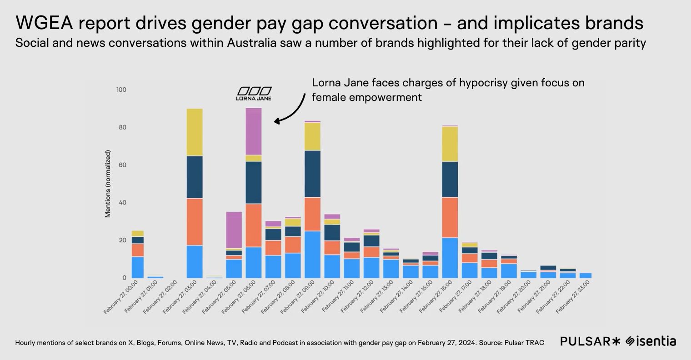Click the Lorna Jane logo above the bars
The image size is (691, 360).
click(254, 93)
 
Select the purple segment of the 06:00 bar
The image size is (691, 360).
click(254, 131)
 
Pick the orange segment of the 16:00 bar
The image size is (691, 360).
click(450, 217)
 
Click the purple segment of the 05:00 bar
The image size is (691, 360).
click(234, 230)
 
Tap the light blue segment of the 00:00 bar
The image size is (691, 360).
click(137, 267)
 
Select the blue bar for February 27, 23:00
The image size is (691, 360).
click(586, 275)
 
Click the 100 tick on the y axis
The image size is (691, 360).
click(121, 90)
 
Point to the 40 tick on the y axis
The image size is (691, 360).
click(122, 203)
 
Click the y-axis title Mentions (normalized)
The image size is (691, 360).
click(108, 184)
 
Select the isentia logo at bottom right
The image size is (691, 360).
click(651, 341)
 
